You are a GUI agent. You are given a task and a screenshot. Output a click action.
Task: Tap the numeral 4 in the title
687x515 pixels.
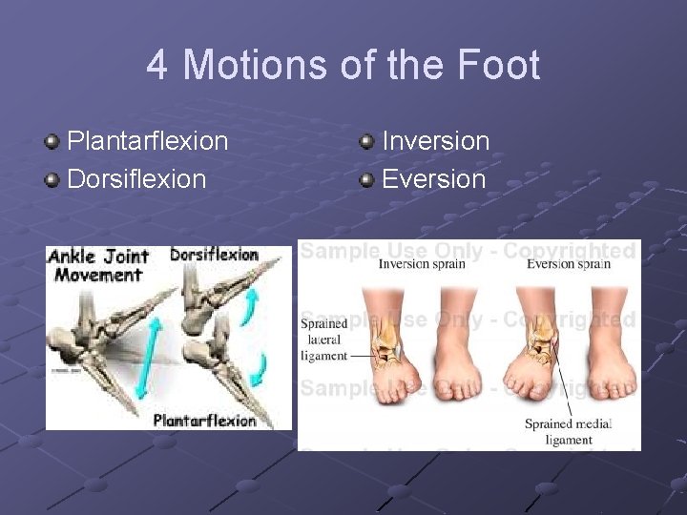click(157, 66)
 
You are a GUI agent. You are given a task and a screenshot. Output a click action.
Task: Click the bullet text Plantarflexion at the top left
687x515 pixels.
click(147, 141)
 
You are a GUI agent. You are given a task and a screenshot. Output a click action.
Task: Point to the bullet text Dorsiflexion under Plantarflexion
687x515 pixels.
click(136, 178)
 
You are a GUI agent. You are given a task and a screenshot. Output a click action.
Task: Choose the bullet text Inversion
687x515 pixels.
click(435, 141)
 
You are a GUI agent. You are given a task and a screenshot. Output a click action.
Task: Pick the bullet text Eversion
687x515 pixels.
click(433, 178)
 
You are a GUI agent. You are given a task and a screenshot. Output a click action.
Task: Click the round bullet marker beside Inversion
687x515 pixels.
click(366, 142)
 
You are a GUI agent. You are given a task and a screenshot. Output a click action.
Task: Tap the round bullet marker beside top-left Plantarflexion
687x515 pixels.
click(52, 142)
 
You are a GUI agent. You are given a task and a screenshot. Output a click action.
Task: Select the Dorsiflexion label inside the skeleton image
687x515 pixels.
click(214, 255)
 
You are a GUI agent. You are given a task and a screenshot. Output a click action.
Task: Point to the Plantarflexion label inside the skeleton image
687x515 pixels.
click(204, 421)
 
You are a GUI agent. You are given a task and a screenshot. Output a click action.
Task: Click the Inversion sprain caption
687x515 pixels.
click(422, 264)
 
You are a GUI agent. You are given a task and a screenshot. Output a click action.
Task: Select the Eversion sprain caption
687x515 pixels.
click(569, 264)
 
